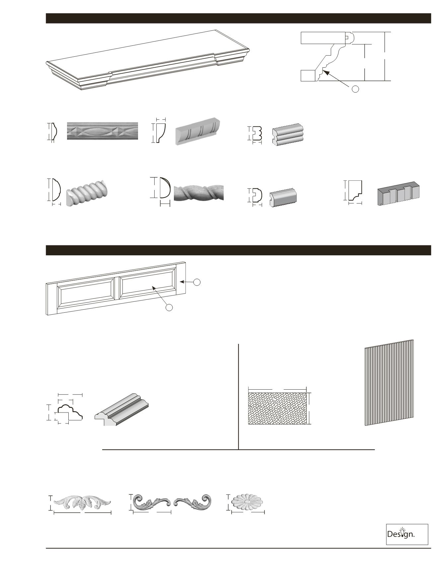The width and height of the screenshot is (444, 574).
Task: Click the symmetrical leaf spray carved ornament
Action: coord(82,503)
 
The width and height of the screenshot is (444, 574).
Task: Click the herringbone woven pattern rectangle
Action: coord(277,409)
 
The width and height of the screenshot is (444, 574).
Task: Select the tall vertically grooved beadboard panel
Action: coord(389,383)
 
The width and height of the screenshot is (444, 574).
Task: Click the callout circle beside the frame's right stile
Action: coord(197,282)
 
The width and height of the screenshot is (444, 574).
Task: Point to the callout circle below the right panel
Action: coord(169,308)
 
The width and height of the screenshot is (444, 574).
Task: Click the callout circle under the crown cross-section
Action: coord(355,89)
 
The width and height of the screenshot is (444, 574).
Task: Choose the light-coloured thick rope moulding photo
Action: coord(86,194)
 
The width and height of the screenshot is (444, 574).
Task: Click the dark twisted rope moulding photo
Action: coord(198,193)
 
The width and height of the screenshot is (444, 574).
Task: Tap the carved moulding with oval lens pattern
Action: coord(102,131)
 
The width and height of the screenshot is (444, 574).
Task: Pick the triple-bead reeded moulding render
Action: coord(288,134)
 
